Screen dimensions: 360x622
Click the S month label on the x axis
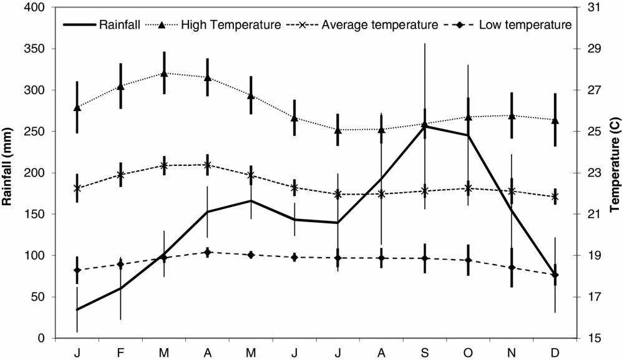pos(425,353)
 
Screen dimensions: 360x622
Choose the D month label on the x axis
pos(555,353)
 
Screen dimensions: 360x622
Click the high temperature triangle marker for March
pos(164,73)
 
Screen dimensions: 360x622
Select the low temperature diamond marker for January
pos(77,270)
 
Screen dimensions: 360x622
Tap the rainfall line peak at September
pos(425,126)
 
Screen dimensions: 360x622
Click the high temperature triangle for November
pos(512,115)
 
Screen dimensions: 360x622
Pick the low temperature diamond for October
pos(468,260)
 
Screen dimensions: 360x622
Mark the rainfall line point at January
pos(77,309)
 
